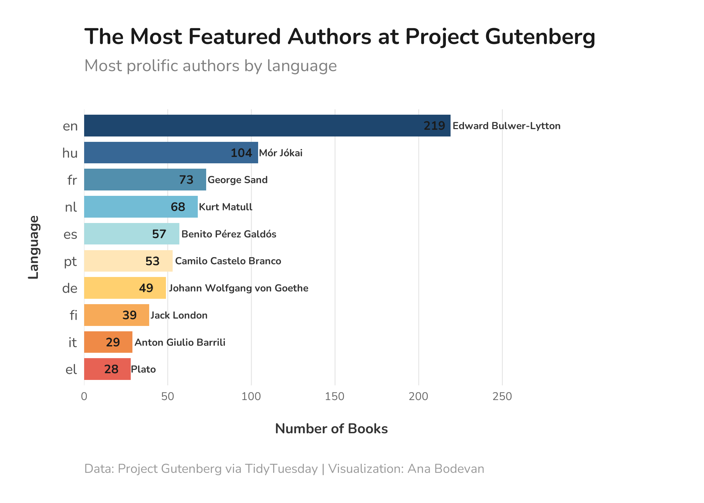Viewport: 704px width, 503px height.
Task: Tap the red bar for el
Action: pyautogui.click(x=107, y=369)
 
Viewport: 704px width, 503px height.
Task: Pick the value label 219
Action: pyautogui.click(x=434, y=126)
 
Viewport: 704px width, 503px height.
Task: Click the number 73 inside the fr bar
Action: pyautogui.click(x=186, y=180)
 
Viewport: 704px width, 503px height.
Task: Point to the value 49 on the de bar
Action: pyautogui.click(x=146, y=288)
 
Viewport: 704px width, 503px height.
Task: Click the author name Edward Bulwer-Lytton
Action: pyautogui.click(x=506, y=126)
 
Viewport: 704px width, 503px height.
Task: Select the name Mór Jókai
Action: pyautogui.click(x=281, y=153)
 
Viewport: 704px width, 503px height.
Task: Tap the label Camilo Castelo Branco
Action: pyautogui.click(x=228, y=261)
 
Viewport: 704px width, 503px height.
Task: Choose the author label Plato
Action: pyautogui.click(x=143, y=369)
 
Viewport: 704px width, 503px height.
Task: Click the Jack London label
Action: pyautogui.click(x=179, y=315)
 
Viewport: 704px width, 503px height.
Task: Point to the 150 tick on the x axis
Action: pyautogui.click(x=335, y=397)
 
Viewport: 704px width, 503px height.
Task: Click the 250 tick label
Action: pyautogui.click(x=502, y=397)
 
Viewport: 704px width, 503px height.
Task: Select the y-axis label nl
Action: pyautogui.click(x=71, y=207)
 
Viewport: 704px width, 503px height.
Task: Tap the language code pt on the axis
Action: pyautogui.click(x=70, y=261)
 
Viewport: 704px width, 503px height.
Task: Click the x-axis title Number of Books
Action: pyautogui.click(x=331, y=429)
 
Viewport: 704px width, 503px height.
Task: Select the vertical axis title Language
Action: pyautogui.click(x=34, y=247)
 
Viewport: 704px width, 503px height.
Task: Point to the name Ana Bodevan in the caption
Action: pyautogui.click(x=446, y=469)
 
